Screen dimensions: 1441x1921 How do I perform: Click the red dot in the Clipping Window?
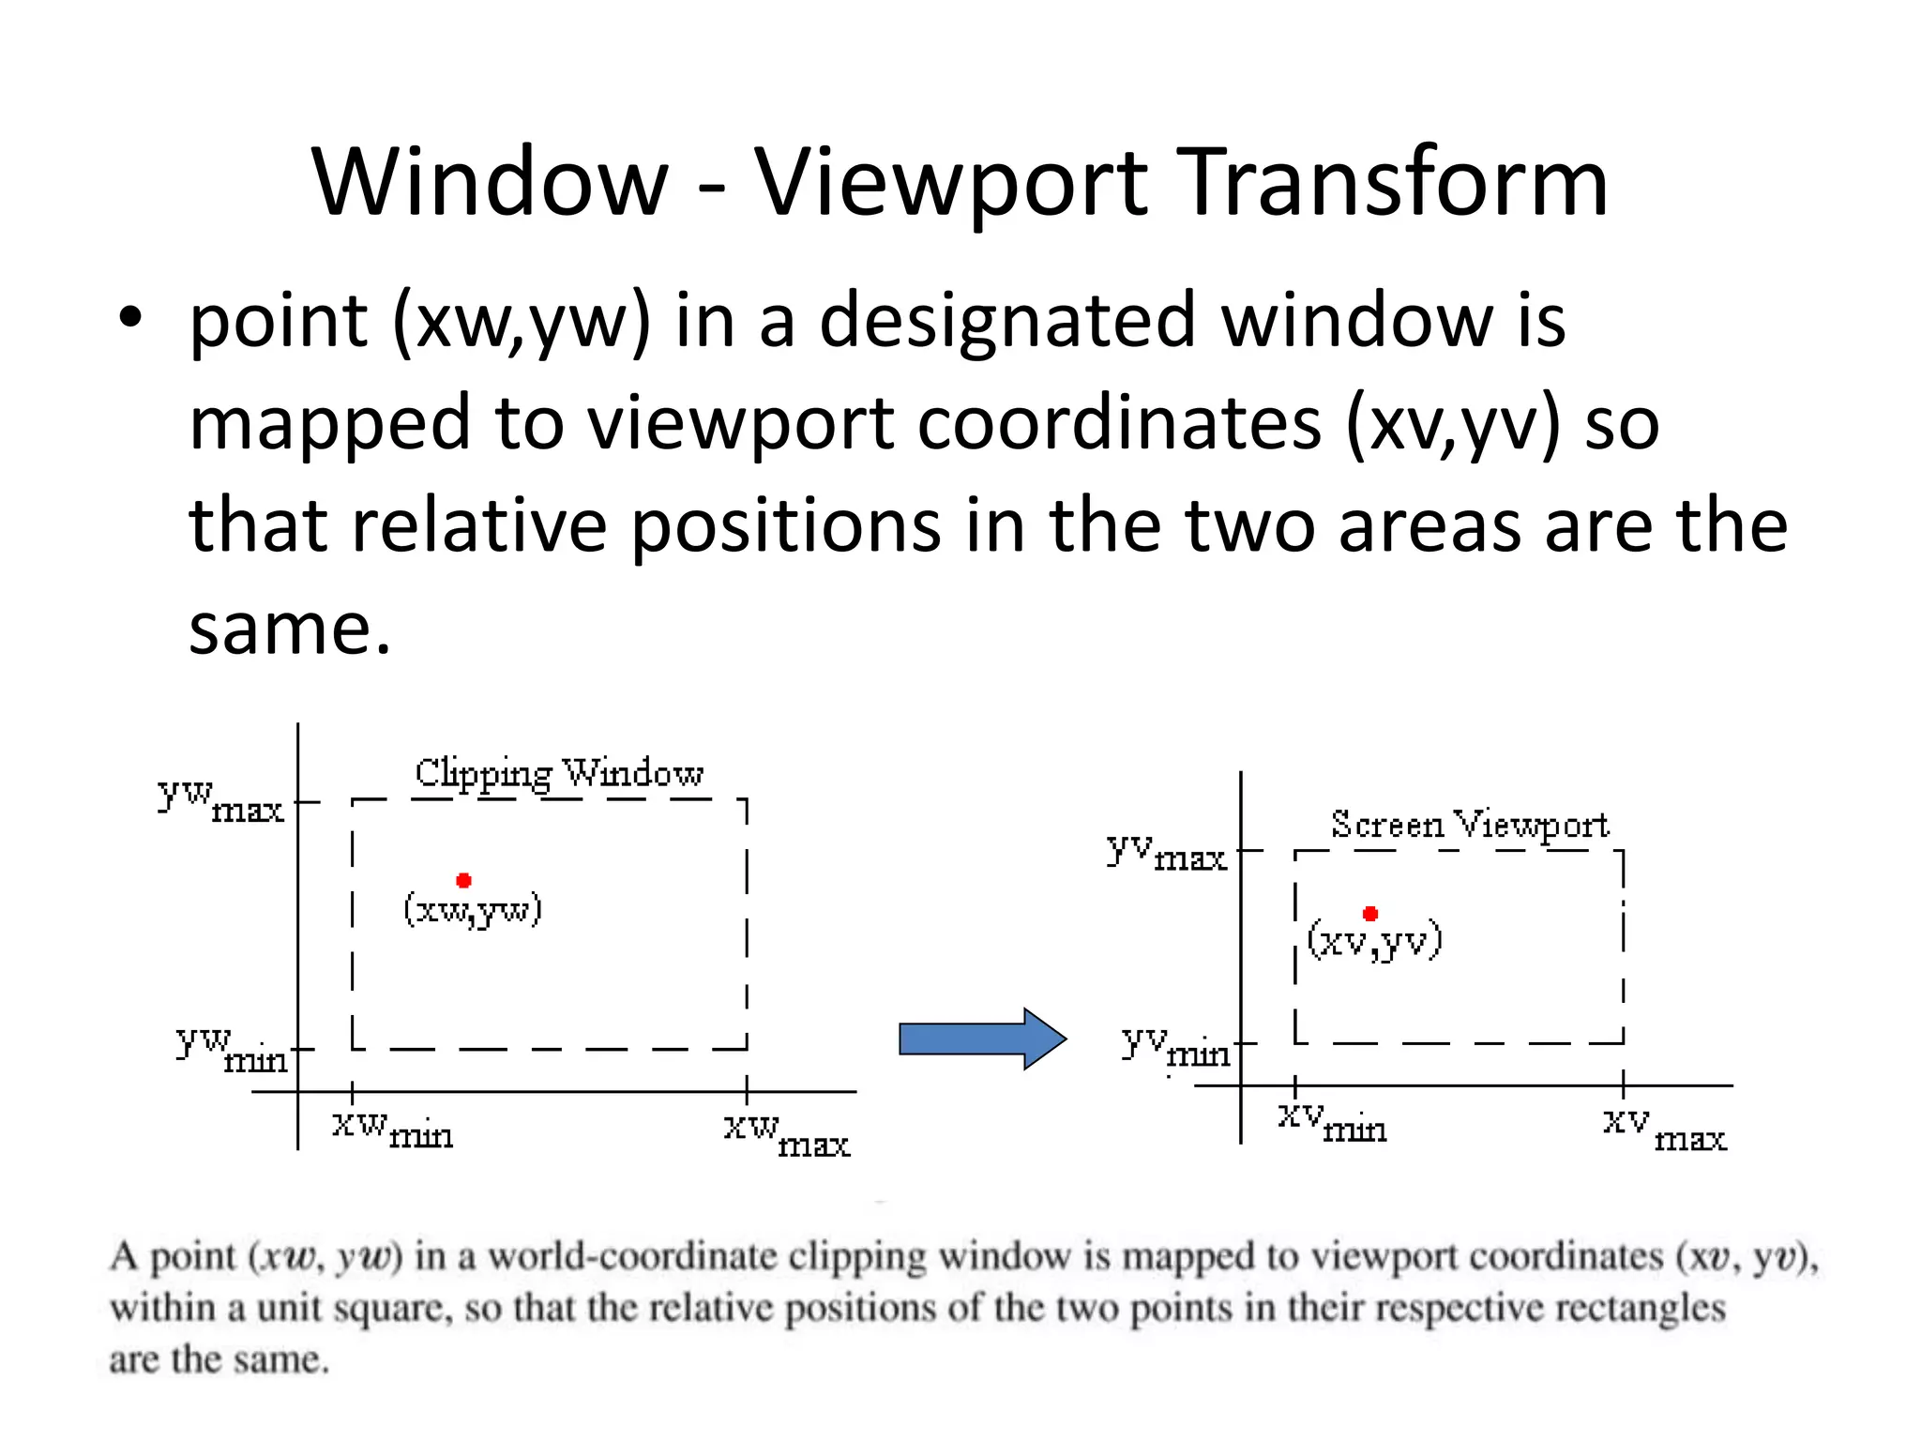coord(463,880)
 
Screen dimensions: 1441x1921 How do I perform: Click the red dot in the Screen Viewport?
coord(1370,913)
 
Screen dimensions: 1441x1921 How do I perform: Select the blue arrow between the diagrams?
coord(981,1039)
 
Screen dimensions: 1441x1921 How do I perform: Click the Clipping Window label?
coord(559,773)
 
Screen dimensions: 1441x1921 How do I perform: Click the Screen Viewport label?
coord(1469,825)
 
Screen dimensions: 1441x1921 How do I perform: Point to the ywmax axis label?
coord(221,799)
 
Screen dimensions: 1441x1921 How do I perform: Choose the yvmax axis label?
coord(1166,852)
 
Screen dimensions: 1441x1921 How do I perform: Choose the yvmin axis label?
coord(1176,1046)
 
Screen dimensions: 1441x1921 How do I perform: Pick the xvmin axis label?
coord(1332,1122)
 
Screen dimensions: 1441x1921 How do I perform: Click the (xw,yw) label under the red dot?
coord(473,909)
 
